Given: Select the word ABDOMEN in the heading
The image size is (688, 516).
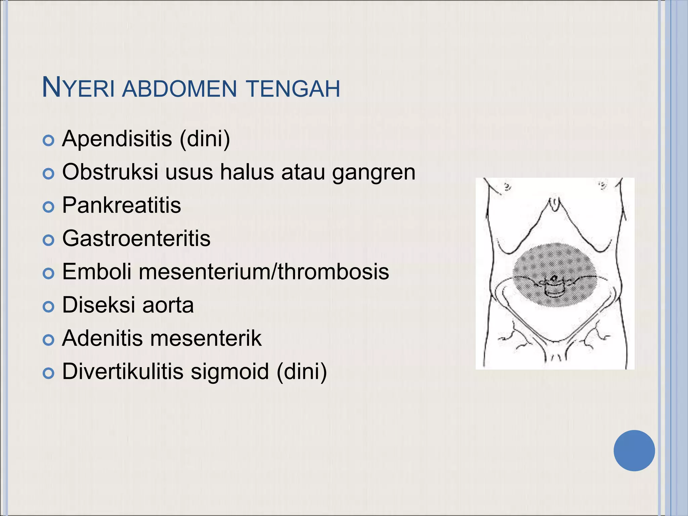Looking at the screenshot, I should coord(179,89).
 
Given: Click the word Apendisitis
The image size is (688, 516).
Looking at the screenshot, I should coord(117,138).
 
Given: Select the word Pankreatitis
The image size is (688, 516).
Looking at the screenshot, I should coord(122,205).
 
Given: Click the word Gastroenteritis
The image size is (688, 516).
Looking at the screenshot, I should coord(136,238).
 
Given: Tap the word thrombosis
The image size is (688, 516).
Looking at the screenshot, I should coord(333,271).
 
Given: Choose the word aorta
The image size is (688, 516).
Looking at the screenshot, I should coord(168,305).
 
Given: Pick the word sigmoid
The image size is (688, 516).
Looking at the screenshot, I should coord(230,371).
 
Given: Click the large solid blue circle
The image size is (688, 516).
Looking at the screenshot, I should coord(634,450).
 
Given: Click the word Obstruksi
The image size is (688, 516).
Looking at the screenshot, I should coord(110,172).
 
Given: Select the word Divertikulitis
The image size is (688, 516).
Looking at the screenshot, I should coord(123,371).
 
